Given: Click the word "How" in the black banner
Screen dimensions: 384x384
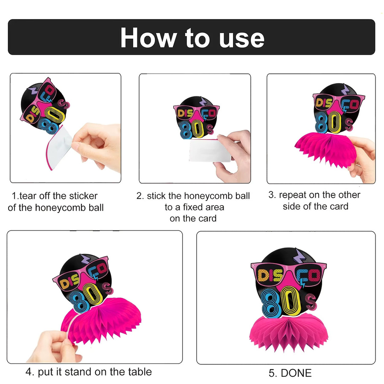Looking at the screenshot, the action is [x=148, y=38].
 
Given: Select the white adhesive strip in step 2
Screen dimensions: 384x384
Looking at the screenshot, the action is [x=210, y=150].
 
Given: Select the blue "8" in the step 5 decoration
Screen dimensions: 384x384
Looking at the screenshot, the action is [x=271, y=303].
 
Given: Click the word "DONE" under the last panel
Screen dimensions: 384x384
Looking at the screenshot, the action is [x=296, y=373].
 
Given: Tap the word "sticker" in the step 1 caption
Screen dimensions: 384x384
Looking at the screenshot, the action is [x=83, y=196].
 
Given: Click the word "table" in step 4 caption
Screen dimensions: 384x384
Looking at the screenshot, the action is [x=140, y=372].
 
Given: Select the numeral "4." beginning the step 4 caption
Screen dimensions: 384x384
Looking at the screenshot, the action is [x=30, y=372].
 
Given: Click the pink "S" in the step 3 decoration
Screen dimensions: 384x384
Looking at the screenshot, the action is [x=349, y=125].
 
